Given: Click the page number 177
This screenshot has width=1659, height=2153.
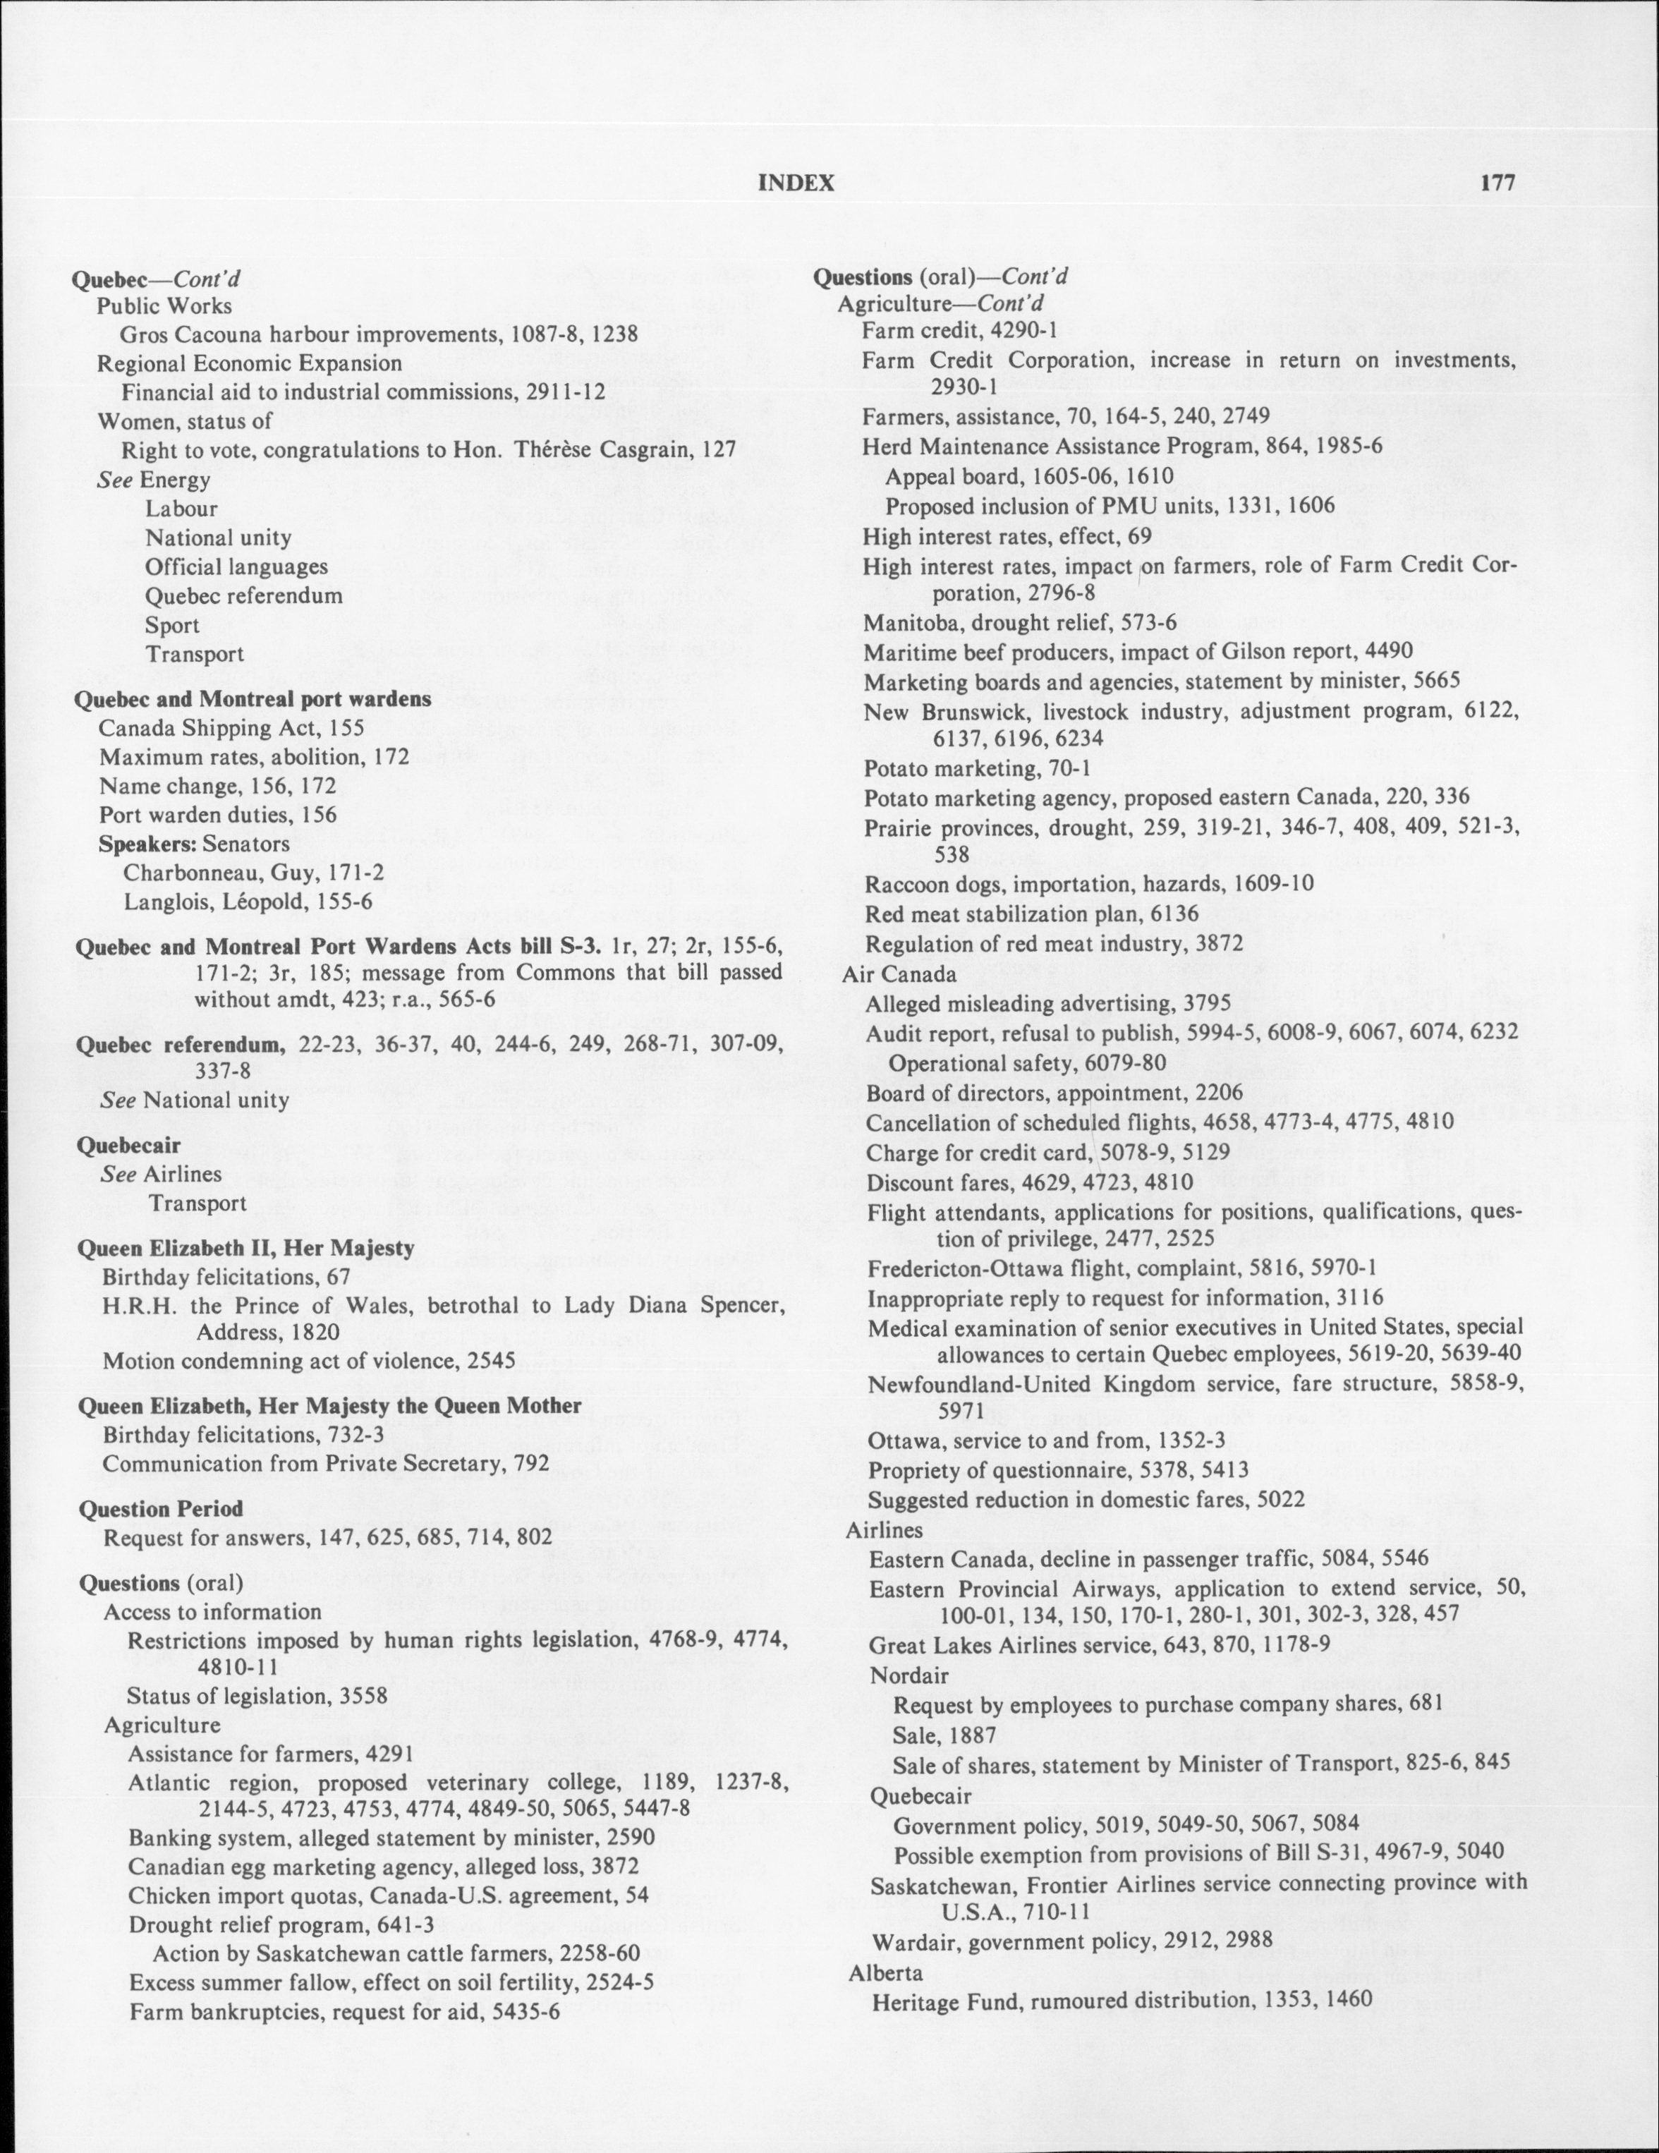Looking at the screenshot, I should [1495, 183].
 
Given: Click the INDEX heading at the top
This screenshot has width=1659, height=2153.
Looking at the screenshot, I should [796, 183].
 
